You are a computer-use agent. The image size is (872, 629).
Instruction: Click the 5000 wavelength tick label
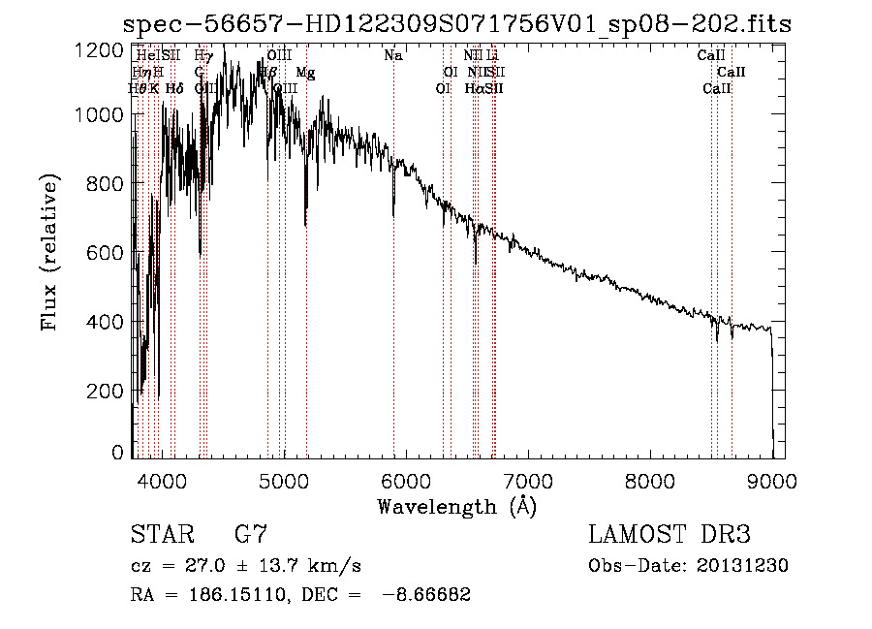pyautogui.click(x=283, y=478)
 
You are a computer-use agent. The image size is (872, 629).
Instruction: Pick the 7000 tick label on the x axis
pyautogui.click(x=527, y=478)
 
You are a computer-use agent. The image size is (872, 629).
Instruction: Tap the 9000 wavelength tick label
pyautogui.click(x=771, y=478)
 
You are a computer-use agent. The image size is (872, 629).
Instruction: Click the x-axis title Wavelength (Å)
pyautogui.click(x=456, y=506)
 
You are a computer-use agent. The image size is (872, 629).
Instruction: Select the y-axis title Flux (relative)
pyautogui.click(x=49, y=252)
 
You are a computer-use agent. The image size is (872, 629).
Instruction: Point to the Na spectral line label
pyautogui.click(x=392, y=56)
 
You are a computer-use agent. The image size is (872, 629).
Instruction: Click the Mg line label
pyautogui.click(x=305, y=73)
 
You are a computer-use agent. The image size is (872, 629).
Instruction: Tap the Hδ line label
pyautogui.click(x=174, y=89)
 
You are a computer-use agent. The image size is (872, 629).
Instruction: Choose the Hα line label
pyautogui.click(x=475, y=89)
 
